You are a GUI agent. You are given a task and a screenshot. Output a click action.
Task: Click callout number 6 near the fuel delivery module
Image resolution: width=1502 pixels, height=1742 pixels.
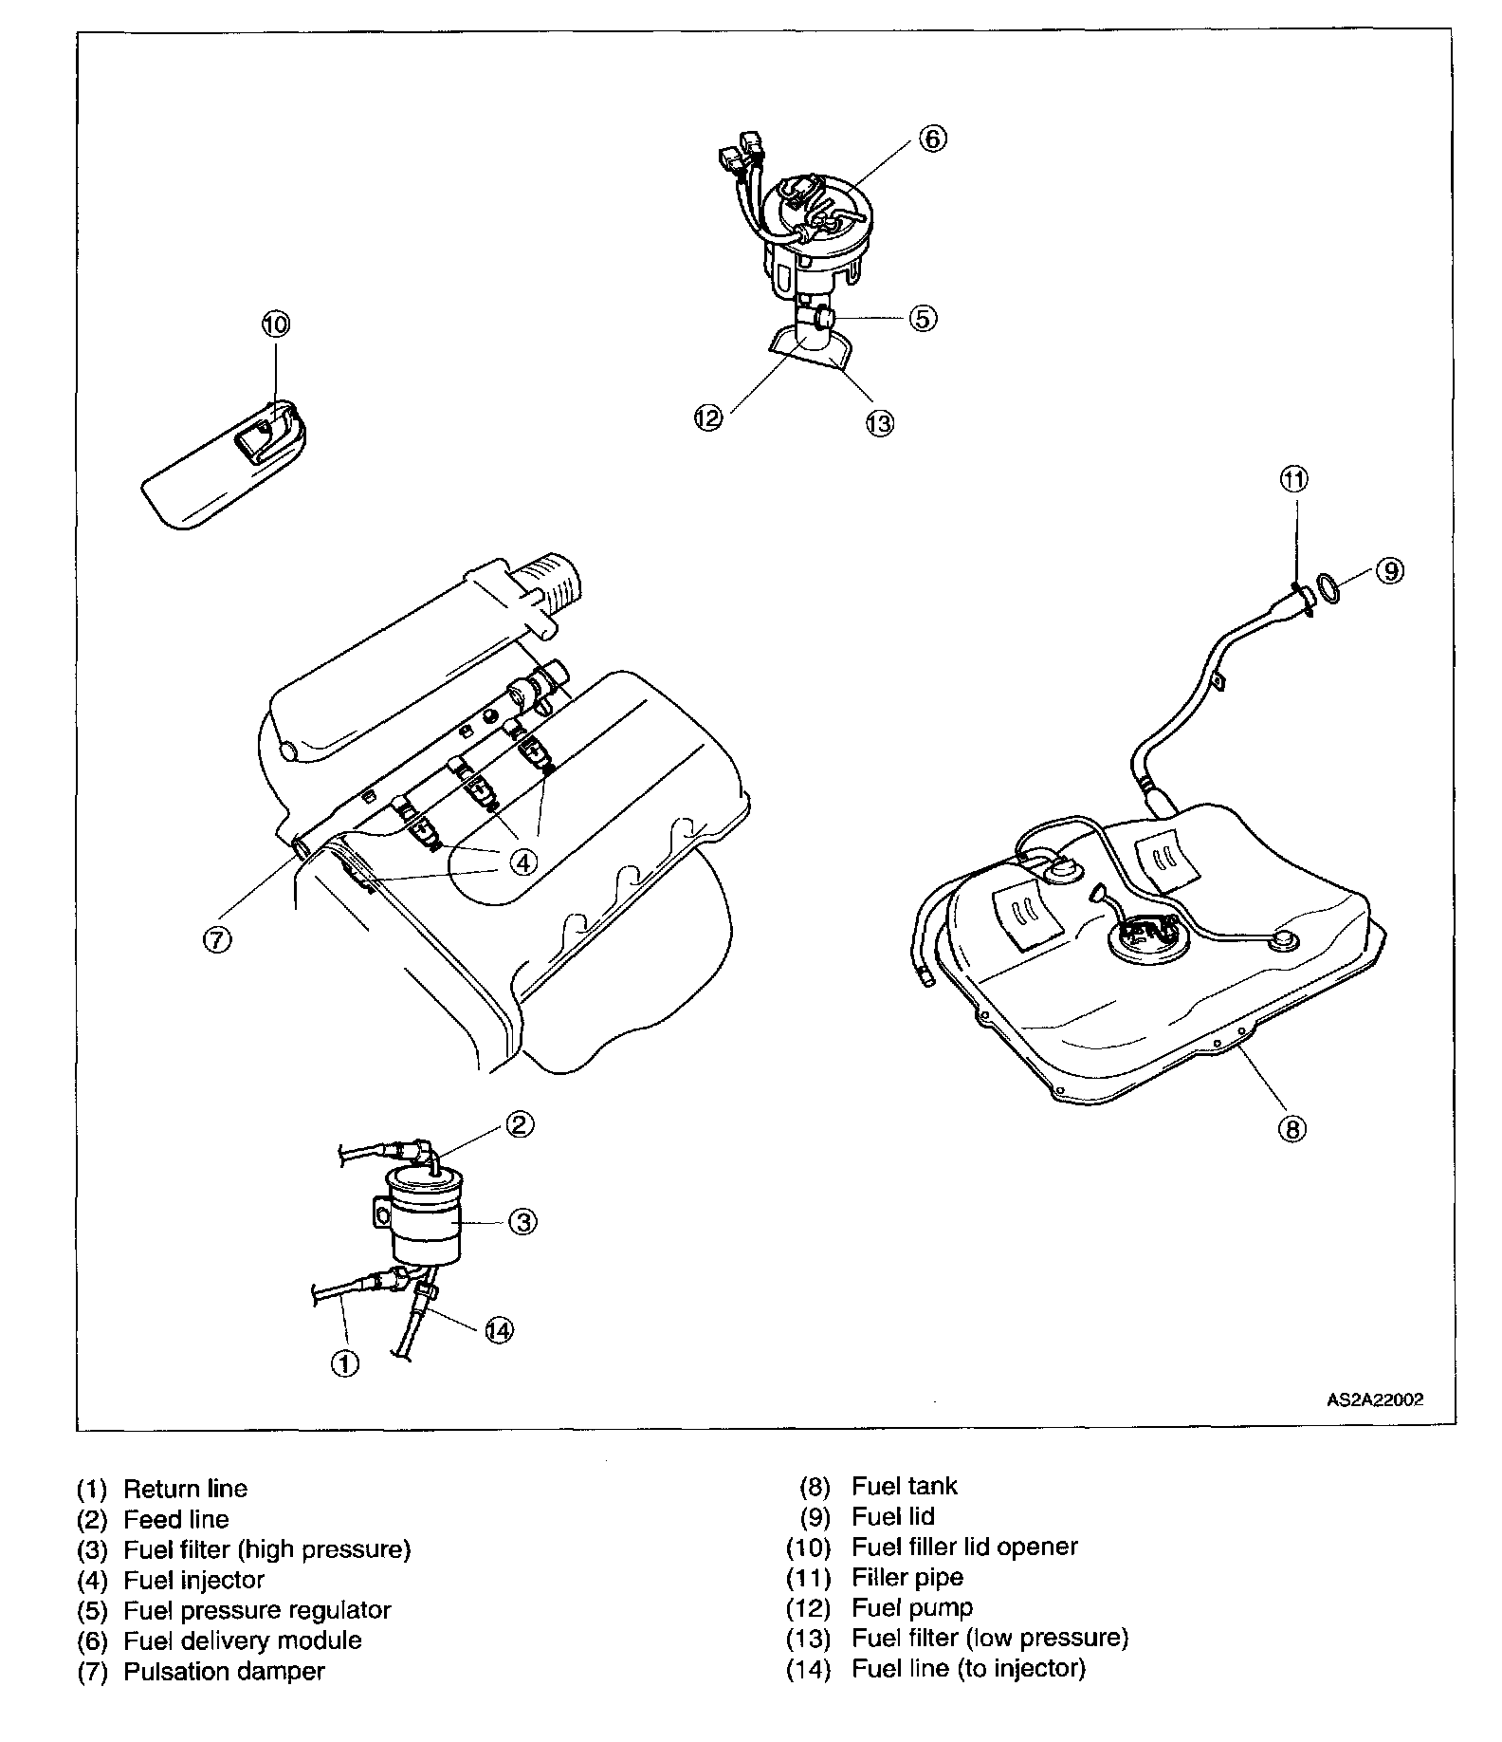pyautogui.click(x=931, y=139)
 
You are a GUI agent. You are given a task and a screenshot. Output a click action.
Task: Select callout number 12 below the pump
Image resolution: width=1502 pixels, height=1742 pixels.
pyautogui.click(x=708, y=417)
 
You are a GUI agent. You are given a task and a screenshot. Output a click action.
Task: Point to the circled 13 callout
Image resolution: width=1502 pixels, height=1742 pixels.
pyautogui.click(x=880, y=422)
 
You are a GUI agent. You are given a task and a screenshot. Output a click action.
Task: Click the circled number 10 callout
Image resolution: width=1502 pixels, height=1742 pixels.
pyautogui.click(x=275, y=324)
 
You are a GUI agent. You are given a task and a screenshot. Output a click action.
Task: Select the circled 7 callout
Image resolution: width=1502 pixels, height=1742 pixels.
pyautogui.click(x=216, y=938)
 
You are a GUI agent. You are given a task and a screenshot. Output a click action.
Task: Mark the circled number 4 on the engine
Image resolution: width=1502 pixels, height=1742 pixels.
pyautogui.click(x=522, y=861)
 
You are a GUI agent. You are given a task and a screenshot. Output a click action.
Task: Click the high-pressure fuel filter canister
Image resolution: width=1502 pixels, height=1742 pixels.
pyautogui.click(x=425, y=1219)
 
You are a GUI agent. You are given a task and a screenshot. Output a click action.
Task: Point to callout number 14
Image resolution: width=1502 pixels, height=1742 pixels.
pyautogui.click(x=499, y=1330)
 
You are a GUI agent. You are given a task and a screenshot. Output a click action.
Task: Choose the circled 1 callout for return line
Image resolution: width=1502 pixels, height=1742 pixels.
pyautogui.click(x=344, y=1363)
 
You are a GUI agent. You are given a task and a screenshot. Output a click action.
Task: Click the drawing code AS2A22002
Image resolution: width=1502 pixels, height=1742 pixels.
pyautogui.click(x=1374, y=1399)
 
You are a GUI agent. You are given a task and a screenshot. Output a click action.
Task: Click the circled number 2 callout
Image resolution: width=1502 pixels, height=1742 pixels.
pyautogui.click(x=519, y=1124)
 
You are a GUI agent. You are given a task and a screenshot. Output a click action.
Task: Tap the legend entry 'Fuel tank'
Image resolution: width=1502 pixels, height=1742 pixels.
pyautogui.click(x=905, y=1486)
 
